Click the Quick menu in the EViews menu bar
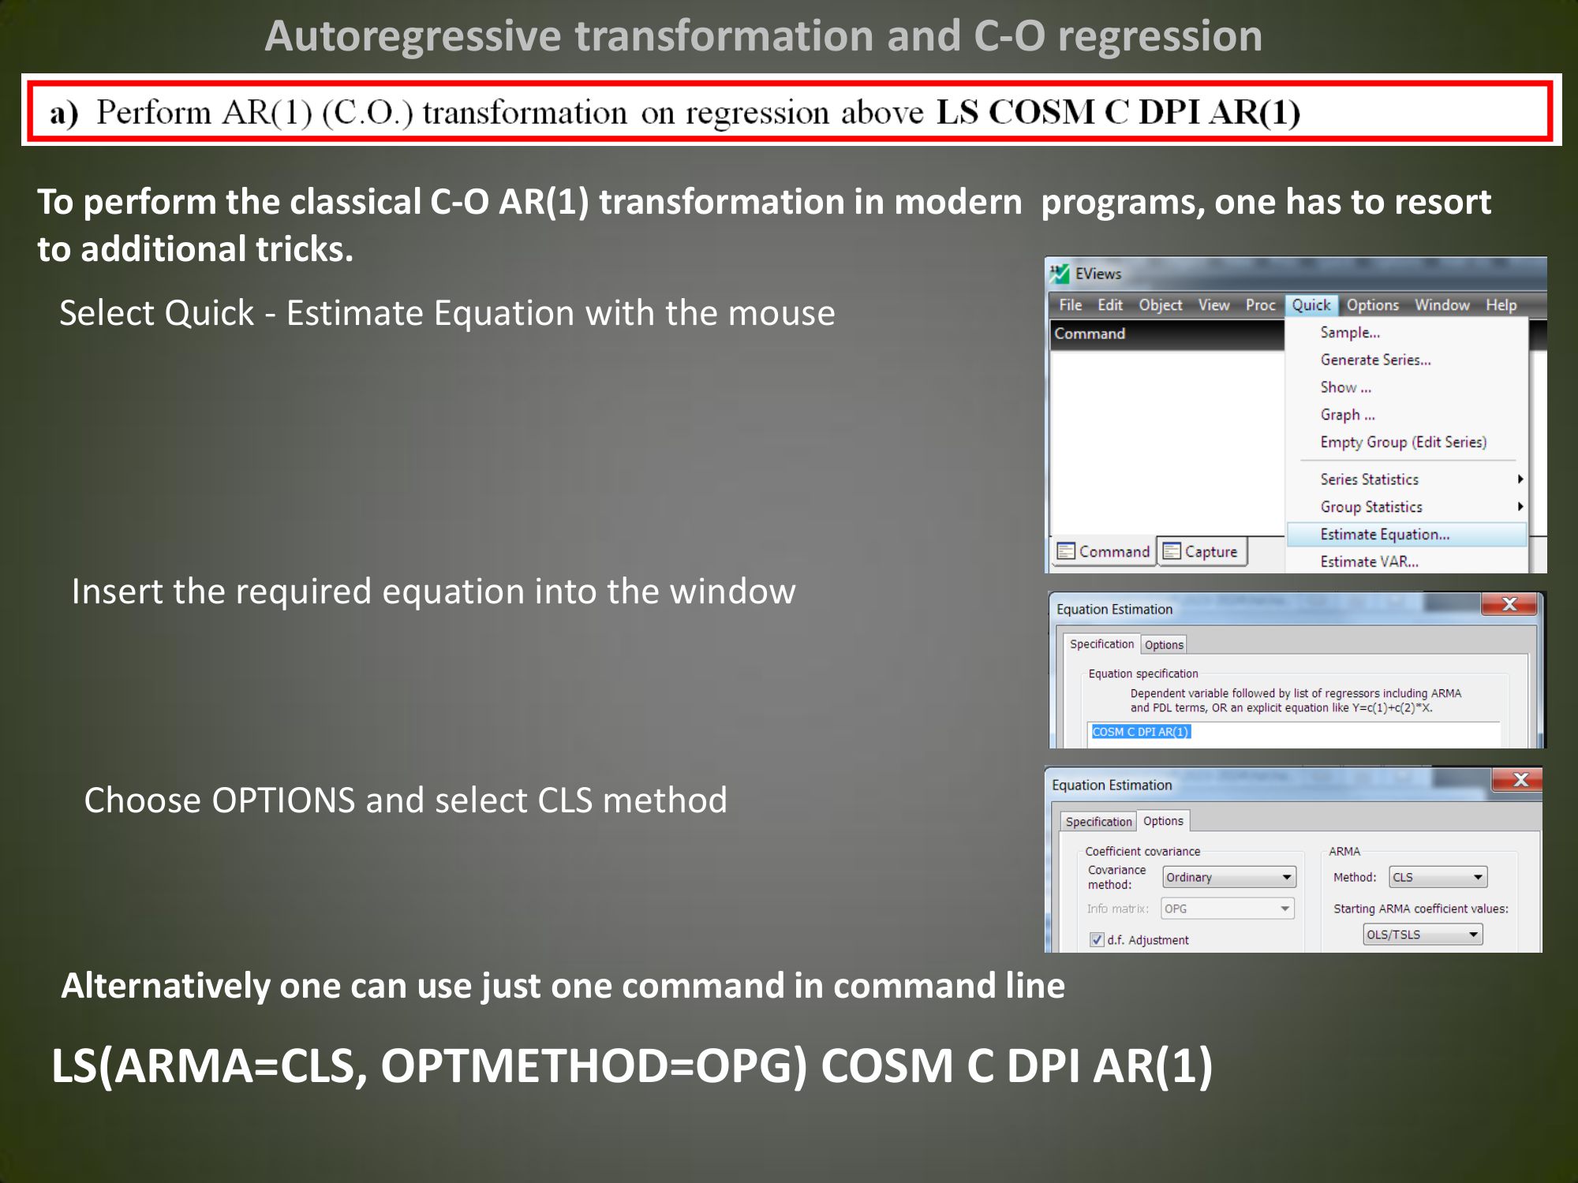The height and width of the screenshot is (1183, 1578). [1311, 305]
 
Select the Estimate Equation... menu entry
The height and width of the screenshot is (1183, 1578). [1385, 535]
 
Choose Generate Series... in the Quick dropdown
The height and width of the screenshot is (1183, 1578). [1375, 360]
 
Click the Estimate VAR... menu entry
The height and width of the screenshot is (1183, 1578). [1369, 562]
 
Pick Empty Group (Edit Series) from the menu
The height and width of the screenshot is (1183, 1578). [1403, 442]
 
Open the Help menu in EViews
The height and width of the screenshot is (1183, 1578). [1501, 305]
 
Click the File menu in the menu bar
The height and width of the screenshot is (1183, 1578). [1070, 305]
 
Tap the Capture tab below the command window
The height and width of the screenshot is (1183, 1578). [1202, 551]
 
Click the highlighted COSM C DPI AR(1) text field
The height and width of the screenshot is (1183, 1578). [1140, 732]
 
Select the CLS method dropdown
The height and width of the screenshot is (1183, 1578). [1438, 877]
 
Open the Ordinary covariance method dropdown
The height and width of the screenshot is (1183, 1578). [1228, 877]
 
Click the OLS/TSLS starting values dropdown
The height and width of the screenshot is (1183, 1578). [1423, 935]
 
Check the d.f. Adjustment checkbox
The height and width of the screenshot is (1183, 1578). [1097, 939]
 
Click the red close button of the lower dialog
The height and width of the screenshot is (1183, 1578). [1520, 780]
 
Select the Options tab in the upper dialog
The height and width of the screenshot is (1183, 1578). [1164, 645]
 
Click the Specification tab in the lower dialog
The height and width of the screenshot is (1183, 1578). [1098, 822]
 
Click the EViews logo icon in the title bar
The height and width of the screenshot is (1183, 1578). [1060, 274]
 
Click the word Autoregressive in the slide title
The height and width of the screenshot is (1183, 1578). [412, 36]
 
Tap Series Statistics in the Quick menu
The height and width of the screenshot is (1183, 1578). [1369, 480]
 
